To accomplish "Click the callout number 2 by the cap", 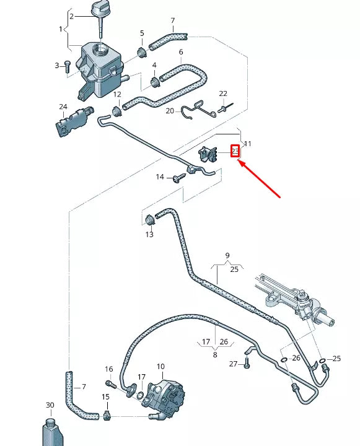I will click(71, 16).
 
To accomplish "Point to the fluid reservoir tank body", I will click(99, 65).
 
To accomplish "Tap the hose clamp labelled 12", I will click(116, 111).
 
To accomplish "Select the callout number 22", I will click(224, 94).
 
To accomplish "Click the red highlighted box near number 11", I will click(235, 151).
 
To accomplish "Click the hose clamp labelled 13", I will click(149, 220).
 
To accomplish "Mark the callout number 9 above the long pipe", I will click(227, 256).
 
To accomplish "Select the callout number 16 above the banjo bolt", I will click(109, 370).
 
